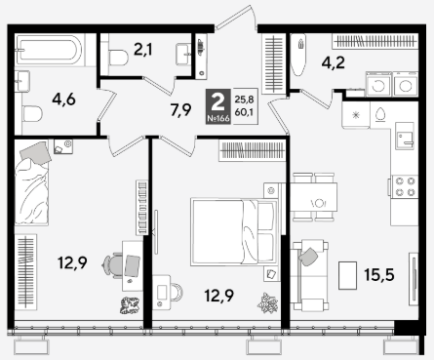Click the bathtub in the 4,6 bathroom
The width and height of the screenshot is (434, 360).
click(49, 51)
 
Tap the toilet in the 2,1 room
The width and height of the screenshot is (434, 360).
click(118, 58)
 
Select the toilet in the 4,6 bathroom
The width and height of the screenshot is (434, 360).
click(32, 114)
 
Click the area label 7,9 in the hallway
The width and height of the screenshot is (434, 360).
click(180, 110)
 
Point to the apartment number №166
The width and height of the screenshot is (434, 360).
click(218, 118)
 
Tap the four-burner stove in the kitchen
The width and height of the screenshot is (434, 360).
click(405, 186)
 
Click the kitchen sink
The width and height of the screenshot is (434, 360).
click(405, 136)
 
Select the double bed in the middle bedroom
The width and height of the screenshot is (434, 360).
click(234, 232)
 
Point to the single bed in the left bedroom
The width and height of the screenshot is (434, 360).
click(32, 183)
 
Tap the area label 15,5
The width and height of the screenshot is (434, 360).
click(379, 275)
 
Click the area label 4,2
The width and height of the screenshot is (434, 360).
click(334, 62)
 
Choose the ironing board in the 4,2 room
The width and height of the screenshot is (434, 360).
click(298, 54)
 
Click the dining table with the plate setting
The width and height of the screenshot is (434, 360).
click(313, 197)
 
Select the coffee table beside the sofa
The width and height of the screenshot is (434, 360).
click(347, 275)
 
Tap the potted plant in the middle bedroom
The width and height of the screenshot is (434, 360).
click(267, 302)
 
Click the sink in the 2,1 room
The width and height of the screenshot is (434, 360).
click(183, 54)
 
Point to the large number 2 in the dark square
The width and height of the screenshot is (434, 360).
click(217, 102)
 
